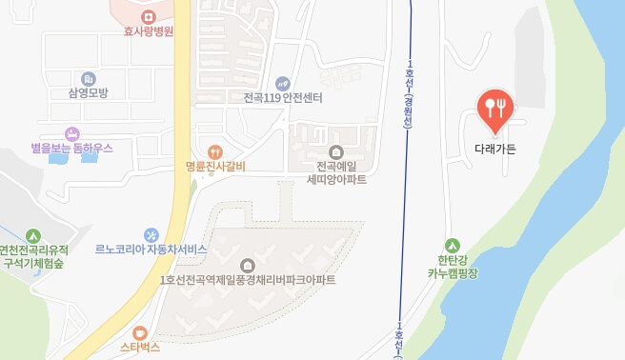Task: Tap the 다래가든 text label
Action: (x=494, y=149)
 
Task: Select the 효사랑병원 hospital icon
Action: (x=148, y=16)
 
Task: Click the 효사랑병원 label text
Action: (x=148, y=31)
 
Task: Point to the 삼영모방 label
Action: (x=89, y=92)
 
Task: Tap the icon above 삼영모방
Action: (x=89, y=78)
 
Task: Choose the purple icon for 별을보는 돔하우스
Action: (x=71, y=133)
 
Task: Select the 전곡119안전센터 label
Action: (x=283, y=98)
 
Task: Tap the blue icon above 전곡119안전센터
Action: (x=282, y=83)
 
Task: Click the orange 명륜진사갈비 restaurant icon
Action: (x=215, y=151)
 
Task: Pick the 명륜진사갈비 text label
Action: (x=215, y=167)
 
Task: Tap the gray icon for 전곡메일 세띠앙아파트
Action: (x=335, y=151)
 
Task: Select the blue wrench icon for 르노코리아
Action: (x=151, y=234)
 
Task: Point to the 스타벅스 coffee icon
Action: (x=140, y=333)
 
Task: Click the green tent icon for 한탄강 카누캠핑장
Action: (x=452, y=244)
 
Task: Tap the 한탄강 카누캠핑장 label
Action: (x=452, y=266)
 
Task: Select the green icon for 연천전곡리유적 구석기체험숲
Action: (x=33, y=234)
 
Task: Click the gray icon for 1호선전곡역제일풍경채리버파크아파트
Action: (x=249, y=265)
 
